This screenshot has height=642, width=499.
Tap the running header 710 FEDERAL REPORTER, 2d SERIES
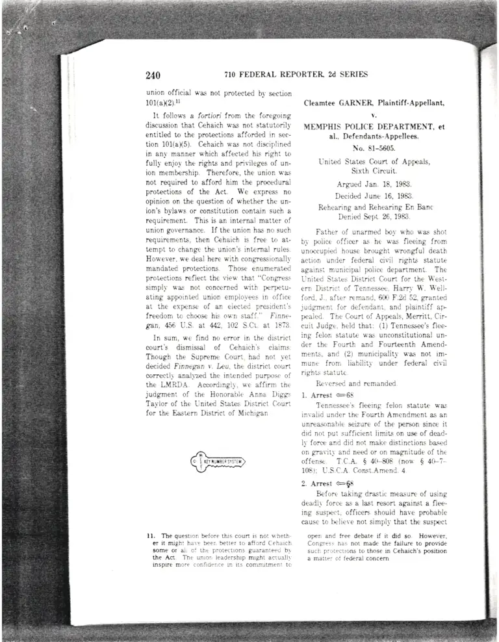pyautogui.click(x=296, y=75)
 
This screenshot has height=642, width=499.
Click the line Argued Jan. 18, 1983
pyautogui.click(x=373, y=185)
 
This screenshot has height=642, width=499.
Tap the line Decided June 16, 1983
pyautogui.click(x=373, y=196)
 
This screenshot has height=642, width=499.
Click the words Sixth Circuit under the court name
pyautogui.click(x=373, y=171)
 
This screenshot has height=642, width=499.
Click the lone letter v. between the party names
pyautogui.click(x=373, y=115)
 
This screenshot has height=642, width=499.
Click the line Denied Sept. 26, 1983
pyautogui.click(x=373, y=216)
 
